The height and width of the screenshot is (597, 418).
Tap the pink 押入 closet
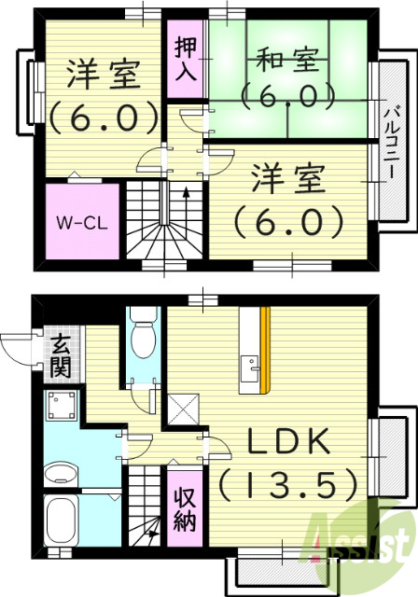pyautogui.click(x=187, y=60)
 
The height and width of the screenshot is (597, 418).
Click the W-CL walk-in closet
pyautogui.click(x=83, y=222)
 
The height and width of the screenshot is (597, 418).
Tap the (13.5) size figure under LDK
pyautogui.click(x=288, y=483)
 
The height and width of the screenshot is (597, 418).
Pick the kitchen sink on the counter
pyautogui.click(x=249, y=370)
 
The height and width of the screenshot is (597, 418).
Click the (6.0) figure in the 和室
pyautogui.click(x=287, y=93)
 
